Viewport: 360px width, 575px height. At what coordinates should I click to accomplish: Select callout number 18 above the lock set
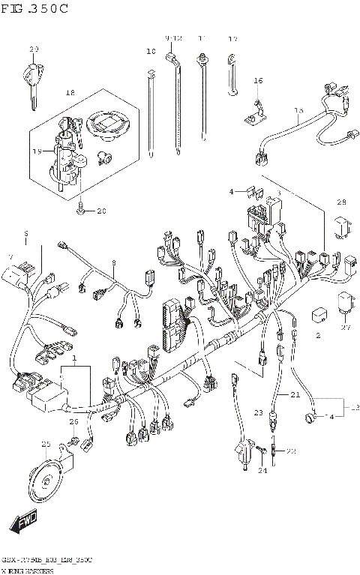[70, 93]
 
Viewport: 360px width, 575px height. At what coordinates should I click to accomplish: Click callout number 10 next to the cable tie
[151, 52]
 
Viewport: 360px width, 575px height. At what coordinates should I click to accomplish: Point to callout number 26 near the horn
[73, 423]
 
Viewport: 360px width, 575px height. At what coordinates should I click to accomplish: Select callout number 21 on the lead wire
[295, 394]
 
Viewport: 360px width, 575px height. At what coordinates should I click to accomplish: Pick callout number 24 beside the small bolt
[262, 471]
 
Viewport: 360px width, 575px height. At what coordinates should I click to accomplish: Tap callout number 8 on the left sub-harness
[113, 263]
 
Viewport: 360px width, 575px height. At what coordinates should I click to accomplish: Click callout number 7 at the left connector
[10, 257]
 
